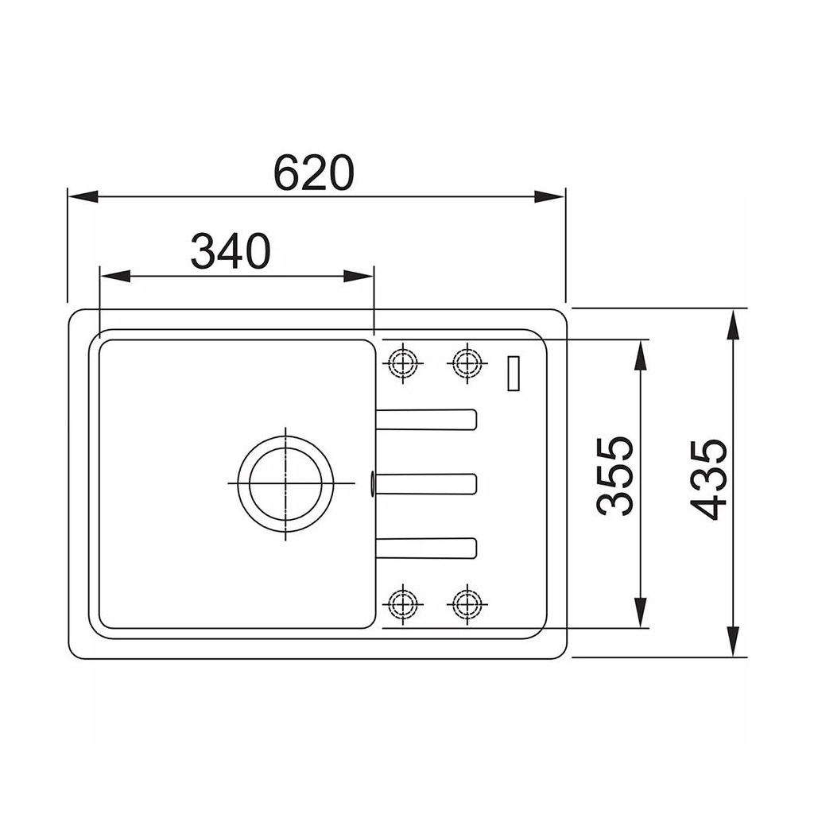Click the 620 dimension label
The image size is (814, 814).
[x=313, y=172]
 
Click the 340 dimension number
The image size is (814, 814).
[x=231, y=251]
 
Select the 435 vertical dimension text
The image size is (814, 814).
[x=708, y=479]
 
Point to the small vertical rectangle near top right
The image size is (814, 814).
[x=514, y=374]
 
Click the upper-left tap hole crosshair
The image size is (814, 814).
[x=403, y=362]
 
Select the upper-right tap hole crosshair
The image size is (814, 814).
[x=467, y=362]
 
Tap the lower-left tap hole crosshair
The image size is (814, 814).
[x=403, y=604]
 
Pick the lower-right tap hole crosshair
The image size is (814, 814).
[x=467, y=604]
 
